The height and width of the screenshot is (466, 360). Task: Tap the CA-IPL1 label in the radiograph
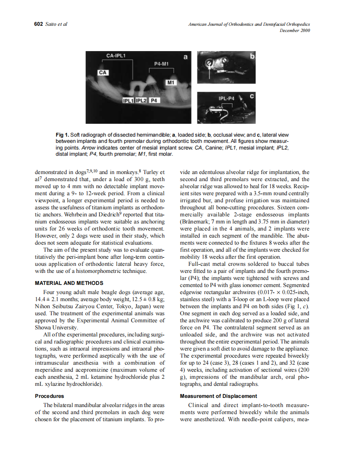[116, 55]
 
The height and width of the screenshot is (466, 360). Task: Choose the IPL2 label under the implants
[141, 101]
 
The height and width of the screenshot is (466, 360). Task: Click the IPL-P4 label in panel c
[227, 99]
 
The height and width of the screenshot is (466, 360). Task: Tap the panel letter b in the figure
[252, 56]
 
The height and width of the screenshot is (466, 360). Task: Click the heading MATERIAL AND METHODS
[69, 283]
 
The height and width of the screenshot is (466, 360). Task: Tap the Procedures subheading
[49, 396]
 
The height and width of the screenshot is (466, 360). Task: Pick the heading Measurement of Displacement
[218, 396]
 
